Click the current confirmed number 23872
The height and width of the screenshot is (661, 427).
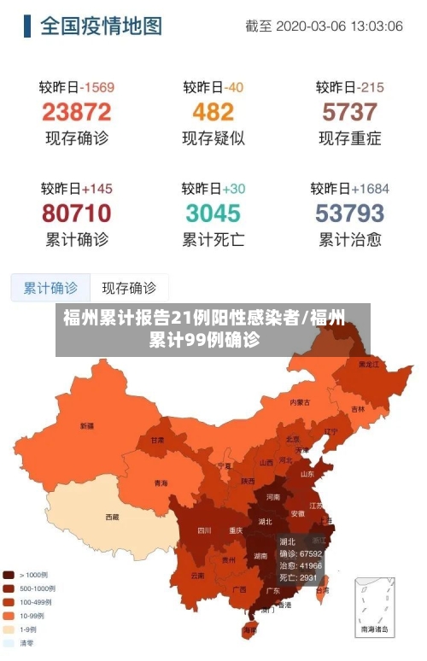coord(76,112)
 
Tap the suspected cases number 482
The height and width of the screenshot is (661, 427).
coord(213,112)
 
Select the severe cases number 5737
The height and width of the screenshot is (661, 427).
coord(349,112)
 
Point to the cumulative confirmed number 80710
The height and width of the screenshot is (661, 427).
coord(76,212)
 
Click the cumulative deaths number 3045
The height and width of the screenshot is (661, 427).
coord(213,212)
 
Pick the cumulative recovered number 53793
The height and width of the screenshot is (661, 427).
coord(349,212)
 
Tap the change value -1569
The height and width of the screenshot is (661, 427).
coord(97,87)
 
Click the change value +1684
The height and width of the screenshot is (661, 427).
coord(371,188)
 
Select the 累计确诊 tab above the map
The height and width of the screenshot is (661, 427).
coord(50,288)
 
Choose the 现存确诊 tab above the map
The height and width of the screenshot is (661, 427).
coord(129,288)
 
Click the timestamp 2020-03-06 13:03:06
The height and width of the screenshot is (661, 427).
coord(341,26)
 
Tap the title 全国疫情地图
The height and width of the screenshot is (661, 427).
coord(101,26)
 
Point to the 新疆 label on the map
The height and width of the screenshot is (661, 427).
coord(87,425)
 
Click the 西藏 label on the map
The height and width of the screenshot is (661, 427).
coord(112,517)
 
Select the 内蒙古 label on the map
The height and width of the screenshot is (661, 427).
coord(300,401)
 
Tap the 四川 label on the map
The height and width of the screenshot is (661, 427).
coord(204,529)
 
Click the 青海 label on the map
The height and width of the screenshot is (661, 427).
coord(161,483)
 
